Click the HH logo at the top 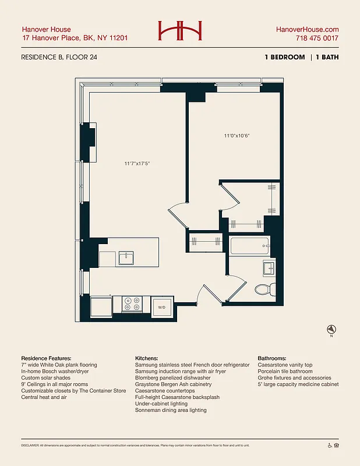pos(179,30)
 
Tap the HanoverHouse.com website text pos(308,29)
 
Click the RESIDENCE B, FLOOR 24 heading pos(59,57)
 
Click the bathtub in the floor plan pos(249,246)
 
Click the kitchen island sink pos(126,257)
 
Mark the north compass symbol pos(331,329)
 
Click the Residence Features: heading pos(47,358)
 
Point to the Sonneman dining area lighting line pos(170,410)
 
